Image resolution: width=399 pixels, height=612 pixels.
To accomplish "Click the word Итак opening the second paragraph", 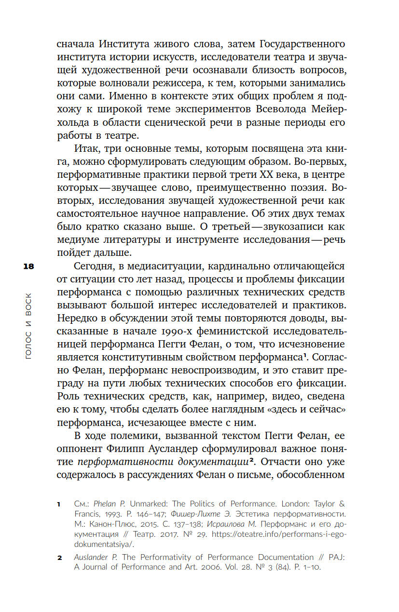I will point(88,148).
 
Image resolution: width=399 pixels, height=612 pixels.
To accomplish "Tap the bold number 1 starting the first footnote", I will point(58,505).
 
